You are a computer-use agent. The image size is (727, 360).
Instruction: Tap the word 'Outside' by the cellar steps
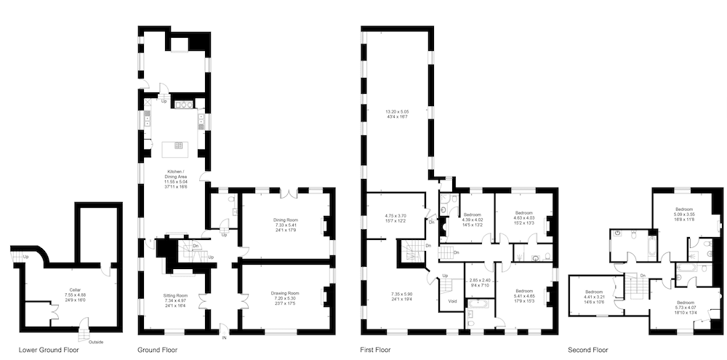click(x=96, y=342)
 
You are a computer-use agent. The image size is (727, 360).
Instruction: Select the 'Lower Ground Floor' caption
click(x=49, y=350)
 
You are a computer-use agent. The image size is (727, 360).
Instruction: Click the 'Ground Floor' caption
click(x=157, y=350)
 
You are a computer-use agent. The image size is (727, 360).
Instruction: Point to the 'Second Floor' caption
click(x=588, y=350)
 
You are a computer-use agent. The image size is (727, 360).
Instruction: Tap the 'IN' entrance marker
click(x=224, y=336)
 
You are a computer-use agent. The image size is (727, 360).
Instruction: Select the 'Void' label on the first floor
click(x=452, y=300)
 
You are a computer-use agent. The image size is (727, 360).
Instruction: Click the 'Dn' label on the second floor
click(x=643, y=275)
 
